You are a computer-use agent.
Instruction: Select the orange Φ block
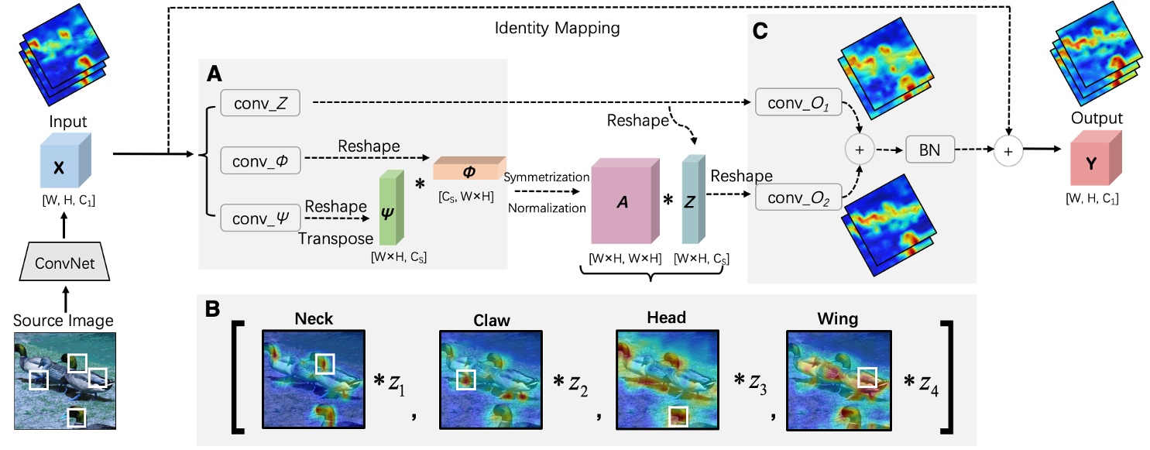pyautogui.click(x=468, y=170)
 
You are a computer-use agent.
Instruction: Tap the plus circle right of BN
pyautogui.click(x=1008, y=152)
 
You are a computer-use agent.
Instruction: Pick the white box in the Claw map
pyautogui.click(x=465, y=380)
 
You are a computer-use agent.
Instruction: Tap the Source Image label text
pyautogui.click(x=64, y=319)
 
